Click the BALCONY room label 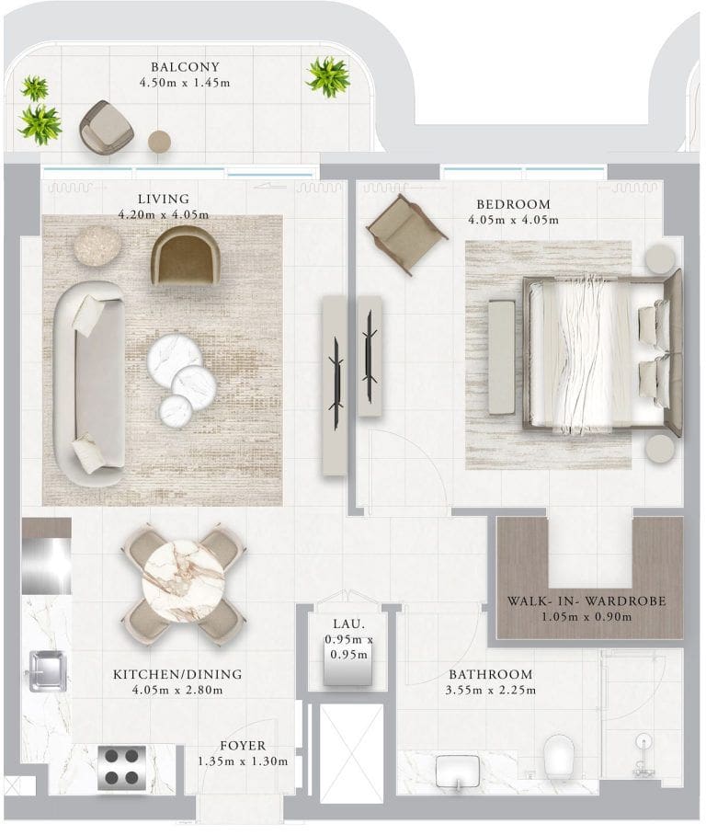(x=185, y=67)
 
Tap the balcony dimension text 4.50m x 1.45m (x=185, y=83)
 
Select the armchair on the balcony (x=106, y=126)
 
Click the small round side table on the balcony (x=159, y=142)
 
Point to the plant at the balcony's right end (x=327, y=76)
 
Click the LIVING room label (x=164, y=200)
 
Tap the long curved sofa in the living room (x=90, y=383)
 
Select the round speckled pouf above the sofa (x=97, y=245)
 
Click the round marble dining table (x=183, y=581)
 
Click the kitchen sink (x=48, y=670)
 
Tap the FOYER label (x=243, y=746)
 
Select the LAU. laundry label (x=349, y=623)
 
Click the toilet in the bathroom (x=559, y=757)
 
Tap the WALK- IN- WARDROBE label (x=586, y=601)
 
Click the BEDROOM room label (x=513, y=204)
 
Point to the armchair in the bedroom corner (x=406, y=234)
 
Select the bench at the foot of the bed (x=502, y=358)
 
